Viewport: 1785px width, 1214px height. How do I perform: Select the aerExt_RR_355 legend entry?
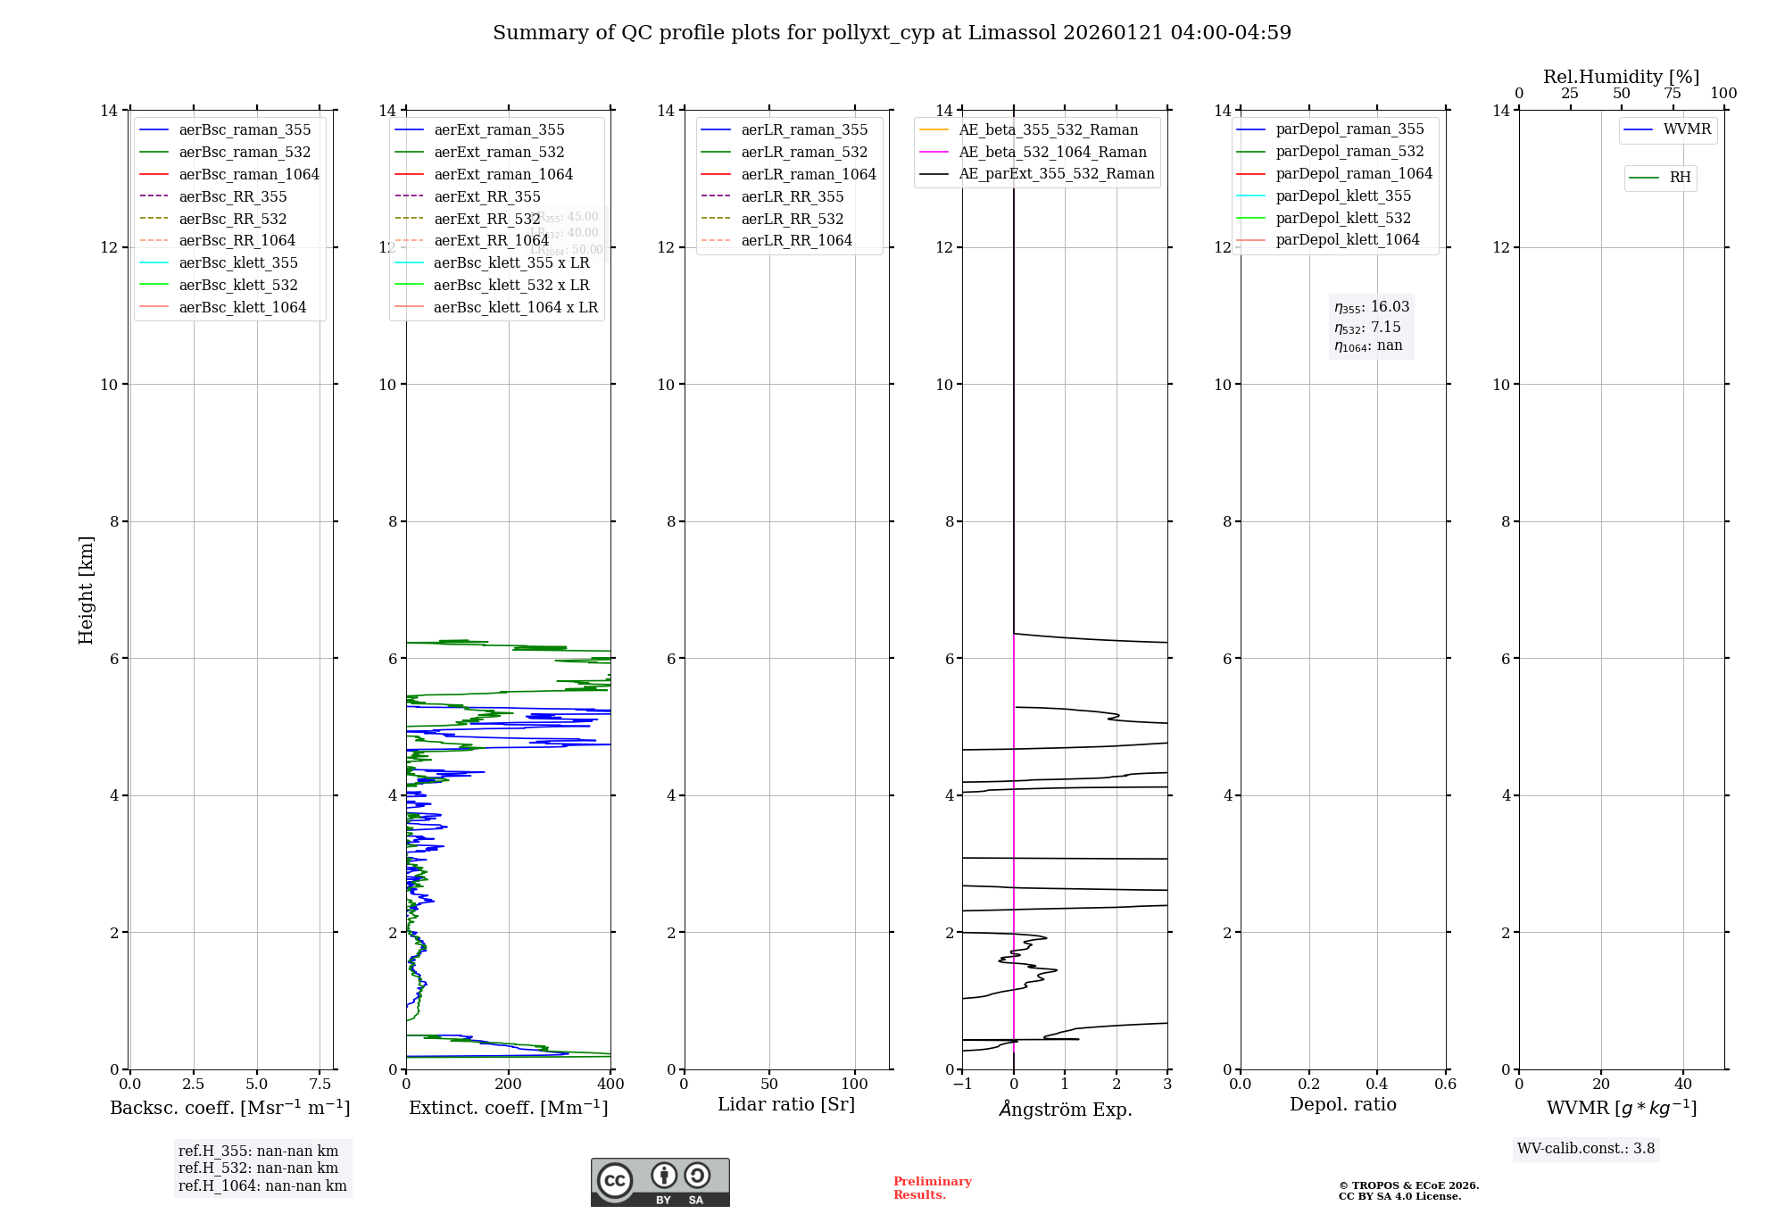486,196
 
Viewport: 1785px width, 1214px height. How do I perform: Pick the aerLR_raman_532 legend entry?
804,152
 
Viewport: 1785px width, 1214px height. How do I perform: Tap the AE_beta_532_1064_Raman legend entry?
1052,152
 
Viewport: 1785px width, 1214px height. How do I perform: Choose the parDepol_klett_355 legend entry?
1343,195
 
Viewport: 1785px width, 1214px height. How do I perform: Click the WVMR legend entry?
1687,129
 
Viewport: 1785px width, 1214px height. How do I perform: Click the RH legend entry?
1680,178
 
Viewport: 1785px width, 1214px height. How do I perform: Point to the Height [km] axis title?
86,589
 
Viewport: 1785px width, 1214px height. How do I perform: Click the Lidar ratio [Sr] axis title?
786,1104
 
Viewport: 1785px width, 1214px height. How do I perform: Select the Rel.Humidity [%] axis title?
1621,77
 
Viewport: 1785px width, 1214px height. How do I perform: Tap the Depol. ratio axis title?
1342,1104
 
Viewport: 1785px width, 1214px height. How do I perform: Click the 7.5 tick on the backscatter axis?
320,1085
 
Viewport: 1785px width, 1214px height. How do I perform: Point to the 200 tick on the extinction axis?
509,1085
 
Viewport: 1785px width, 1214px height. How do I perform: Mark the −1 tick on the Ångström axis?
962,1085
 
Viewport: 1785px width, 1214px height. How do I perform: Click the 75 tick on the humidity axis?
1673,94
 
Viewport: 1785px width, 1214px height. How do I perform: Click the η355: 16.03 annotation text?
1372,307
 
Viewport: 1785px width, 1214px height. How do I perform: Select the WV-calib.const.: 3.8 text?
1586,1149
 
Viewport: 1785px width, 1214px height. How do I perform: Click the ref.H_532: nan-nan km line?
258,1168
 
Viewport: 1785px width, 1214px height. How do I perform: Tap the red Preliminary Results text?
932,1188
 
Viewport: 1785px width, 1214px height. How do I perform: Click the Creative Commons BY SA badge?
660,1182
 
